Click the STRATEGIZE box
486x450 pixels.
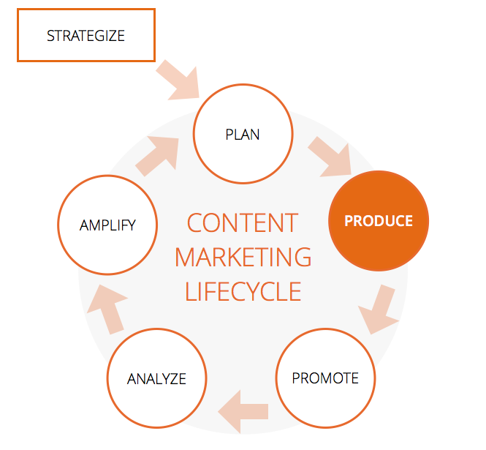click(x=86, y=35)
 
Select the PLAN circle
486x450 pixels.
click(x=243, y=135)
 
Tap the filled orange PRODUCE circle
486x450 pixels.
click(x=379, y=220)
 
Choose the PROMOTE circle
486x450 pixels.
click(x=325, y=378)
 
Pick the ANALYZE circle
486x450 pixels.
click(x=156, y=379)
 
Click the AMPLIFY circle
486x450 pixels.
click(x=107, y=224)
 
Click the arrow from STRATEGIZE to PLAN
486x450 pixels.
click(x=178, y=78)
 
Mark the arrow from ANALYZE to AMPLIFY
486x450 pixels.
click(x=107, y=307)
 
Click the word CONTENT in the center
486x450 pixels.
click(x=242, y=222)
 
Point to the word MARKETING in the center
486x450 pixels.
click(x=243, y=257)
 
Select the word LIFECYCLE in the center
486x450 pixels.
click(x=243, y=291)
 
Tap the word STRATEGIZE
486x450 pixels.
click(x=86, y=35)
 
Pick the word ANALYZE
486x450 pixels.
click(x=156, y=379)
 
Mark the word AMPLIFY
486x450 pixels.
click(x=107, y=225)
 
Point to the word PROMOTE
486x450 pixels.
click(x=325, y=378)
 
